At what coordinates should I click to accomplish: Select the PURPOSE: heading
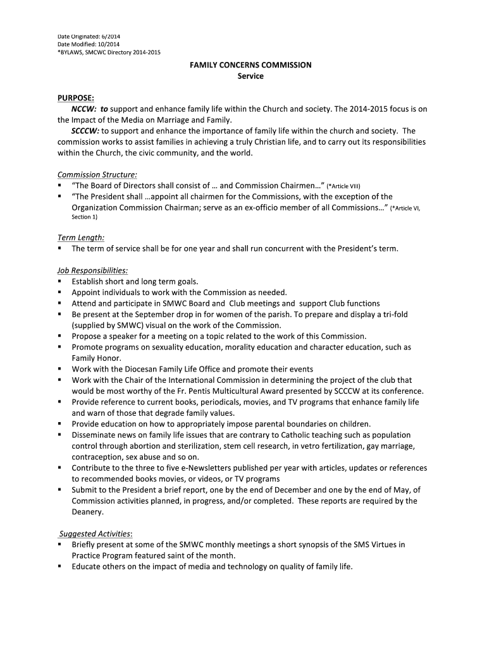click(x=76, y=98)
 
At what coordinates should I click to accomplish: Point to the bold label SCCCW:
click(x=85, y=131)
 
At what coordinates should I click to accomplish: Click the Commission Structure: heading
click(x=97, y=174)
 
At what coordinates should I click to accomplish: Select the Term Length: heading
click(x=81, y=238)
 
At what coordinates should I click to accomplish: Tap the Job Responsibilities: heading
click(x=92, y=270)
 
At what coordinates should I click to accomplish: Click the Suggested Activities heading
click(x=95, y=533)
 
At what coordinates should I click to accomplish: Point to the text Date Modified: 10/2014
click(x=88, y=44)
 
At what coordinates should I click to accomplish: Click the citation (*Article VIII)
click(x=343, y=186)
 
